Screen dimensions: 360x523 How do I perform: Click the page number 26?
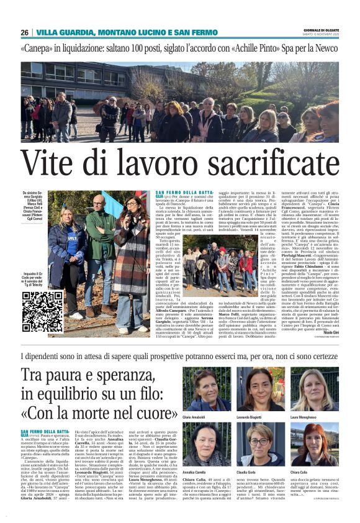[x=24, y=32]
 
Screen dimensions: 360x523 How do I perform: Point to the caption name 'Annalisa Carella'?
[x=196, y=473]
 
